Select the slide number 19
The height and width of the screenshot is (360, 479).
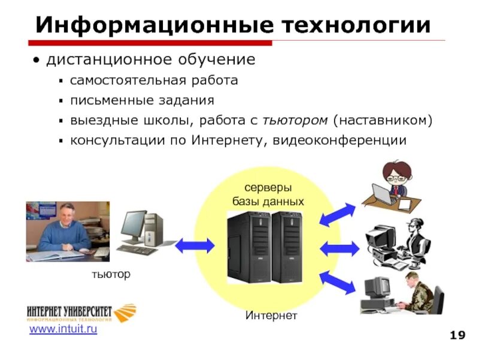click(x=457, y=335)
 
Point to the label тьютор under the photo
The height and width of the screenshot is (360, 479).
click(x=110, y=275)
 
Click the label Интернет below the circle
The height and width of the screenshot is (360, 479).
click(x=271, y=315)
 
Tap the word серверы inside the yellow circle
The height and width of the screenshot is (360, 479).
click(x=268, y=188)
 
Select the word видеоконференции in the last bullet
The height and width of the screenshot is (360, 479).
click(x=339, y=140)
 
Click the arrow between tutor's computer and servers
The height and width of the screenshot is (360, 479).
click(x=194, y=244)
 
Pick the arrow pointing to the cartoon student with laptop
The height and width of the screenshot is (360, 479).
click(x=338, y=214)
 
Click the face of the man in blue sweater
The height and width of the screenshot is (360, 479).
click(x=64, y=213)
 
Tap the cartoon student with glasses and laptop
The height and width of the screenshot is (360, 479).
click(x=392, y=183)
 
